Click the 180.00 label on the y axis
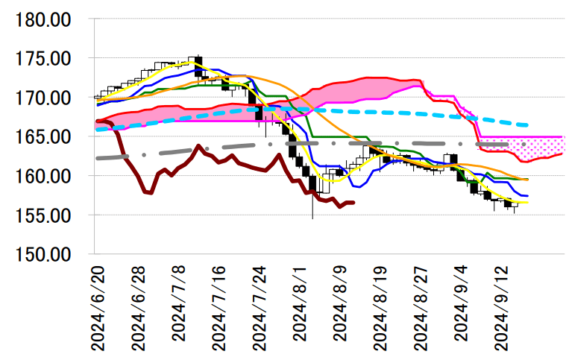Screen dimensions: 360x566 [x=43, y=19]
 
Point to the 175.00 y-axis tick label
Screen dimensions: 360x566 [x=43, y=59]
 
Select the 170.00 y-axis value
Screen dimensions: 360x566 [x=43, y=98]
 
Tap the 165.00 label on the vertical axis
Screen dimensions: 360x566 [x=43, y=137]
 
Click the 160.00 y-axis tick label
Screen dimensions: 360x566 [x=43, y=177]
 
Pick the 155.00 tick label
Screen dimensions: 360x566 [x=43, y=216]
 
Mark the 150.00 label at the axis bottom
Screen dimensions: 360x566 [x=43, y=255]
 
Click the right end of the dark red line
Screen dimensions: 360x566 [x=354, y=202]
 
